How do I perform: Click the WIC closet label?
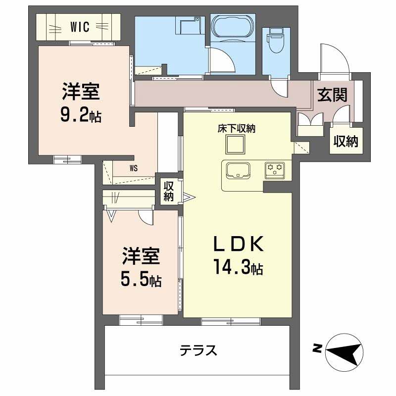click(x=79, y=27)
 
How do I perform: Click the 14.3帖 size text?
click(x=238, y=268)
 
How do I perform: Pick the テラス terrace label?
click(x=198, y=351)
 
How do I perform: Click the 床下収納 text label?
click(x=236, y=129)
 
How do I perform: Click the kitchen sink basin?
click(x=239, y=171)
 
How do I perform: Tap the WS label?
click(x=134, y=167)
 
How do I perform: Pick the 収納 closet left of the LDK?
click(x=169, y=191)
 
